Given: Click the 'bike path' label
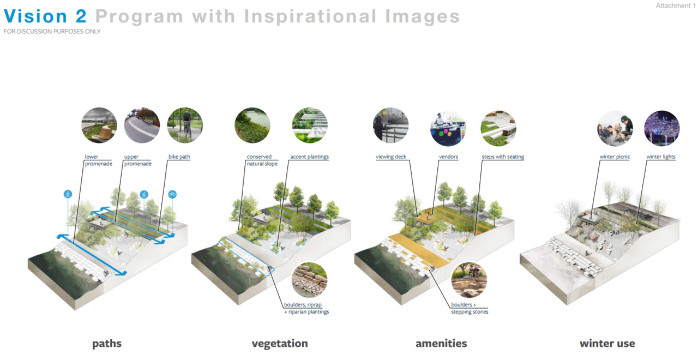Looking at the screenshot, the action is pos(179,157).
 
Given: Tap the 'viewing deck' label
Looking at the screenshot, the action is pos(391,157).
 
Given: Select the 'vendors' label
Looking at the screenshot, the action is pos(448,157).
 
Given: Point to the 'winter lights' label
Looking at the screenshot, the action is pos(661,157).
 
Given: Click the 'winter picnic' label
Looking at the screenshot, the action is pos(615,157).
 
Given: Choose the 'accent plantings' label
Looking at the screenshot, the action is pos(309,157).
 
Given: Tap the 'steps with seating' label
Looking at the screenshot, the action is pos(503,157).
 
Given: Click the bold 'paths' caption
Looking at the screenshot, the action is pos(107,344).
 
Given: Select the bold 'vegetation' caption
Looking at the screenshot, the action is pos(280,344).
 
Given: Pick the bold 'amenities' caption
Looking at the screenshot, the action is pos(441,344).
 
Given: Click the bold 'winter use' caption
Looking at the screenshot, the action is pos(607,344).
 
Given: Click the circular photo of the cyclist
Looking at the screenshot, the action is pos(185,125).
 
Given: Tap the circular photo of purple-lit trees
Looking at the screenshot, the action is pos(662,128).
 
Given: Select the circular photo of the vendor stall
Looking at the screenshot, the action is pos(448,128).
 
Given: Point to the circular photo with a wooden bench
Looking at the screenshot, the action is pos(99,125).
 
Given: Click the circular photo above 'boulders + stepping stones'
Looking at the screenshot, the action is pos(469,280).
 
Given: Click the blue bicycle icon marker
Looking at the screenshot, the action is pos(172,195).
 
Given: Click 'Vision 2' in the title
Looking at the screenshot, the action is pos(45,16).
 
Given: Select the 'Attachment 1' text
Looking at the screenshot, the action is pos(676,5).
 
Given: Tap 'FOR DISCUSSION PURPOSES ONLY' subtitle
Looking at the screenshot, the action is pos(52,32).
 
